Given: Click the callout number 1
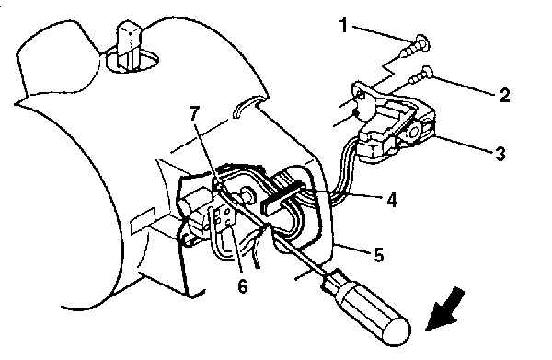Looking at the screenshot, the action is (x=344, y=26).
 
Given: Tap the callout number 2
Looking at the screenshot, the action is (x=504, y=95).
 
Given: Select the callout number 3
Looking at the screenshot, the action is (x=500, y=154).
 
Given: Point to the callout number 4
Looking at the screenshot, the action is (x=392, y=200).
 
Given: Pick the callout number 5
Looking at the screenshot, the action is (x=378, y=255).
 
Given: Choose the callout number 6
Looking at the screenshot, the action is (x=243, y=286).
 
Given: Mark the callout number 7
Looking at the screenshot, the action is (x=194, y=112).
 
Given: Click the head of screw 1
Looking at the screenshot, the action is (x=422, y=42).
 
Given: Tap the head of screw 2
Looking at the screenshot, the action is (x=428, y=72).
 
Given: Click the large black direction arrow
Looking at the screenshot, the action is (x=445, y=310).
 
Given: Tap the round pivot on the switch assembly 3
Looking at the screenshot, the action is (x=413, y=132).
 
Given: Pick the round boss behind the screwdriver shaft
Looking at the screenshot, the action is (x=247, y=195).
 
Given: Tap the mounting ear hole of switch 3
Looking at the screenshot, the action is (x=361, y=95).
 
